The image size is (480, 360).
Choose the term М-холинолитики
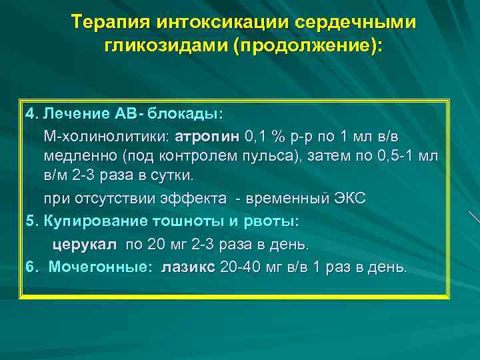(106, 137)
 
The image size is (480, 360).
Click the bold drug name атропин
(207, 137)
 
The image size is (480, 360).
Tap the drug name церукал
(84, 244)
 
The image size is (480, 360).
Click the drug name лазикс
(188, 267)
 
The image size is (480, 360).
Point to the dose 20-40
(239, 267)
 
